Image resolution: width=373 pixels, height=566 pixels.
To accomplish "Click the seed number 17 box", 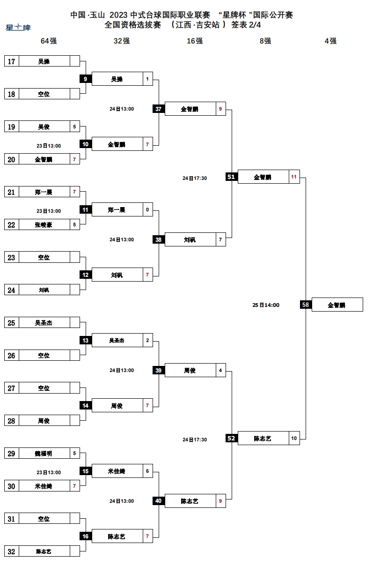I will (12, 61).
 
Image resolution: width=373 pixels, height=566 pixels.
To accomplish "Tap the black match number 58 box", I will (306, 305).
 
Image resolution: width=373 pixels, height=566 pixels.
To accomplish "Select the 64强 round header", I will (49, 41).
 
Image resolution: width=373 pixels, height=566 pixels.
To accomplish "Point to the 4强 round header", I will (330, 41).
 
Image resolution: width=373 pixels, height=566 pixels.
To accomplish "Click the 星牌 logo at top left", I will (18, 28).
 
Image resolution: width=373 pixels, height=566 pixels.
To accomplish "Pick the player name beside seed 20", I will (44, 159).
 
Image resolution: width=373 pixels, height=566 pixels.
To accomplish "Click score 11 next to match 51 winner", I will (294, 177).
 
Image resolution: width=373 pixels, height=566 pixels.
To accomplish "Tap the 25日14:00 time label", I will (266, 305).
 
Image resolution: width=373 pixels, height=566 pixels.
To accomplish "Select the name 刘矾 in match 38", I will (190, 240).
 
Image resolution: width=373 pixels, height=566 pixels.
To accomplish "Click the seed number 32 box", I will (12, 551).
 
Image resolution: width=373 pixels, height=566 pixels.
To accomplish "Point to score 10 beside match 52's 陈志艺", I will (294, 439).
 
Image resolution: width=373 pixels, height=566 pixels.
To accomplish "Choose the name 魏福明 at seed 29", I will (44, 454).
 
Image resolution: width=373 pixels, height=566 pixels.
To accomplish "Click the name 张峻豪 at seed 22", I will (44, 225).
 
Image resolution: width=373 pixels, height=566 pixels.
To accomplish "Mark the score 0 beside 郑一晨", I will (147, 210).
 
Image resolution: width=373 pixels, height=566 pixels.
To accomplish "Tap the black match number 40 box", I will (158, 501).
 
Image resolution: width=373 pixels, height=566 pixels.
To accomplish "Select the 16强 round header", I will (195, 41).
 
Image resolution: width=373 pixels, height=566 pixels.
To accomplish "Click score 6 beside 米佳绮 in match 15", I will (147, 471).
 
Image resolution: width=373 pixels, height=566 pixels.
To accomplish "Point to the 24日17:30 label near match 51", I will (195, 178).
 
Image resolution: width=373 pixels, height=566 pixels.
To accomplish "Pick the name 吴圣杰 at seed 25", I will (44, 323).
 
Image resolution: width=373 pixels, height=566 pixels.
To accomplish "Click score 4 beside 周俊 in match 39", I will (220, 371).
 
